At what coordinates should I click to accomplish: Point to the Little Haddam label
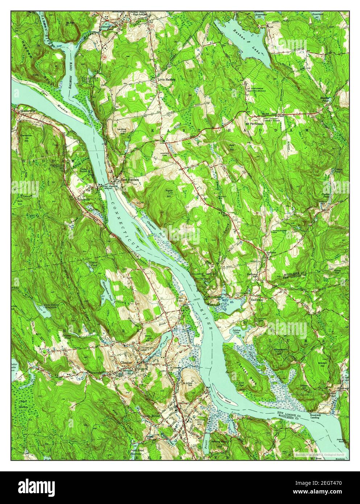click(166, 79)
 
